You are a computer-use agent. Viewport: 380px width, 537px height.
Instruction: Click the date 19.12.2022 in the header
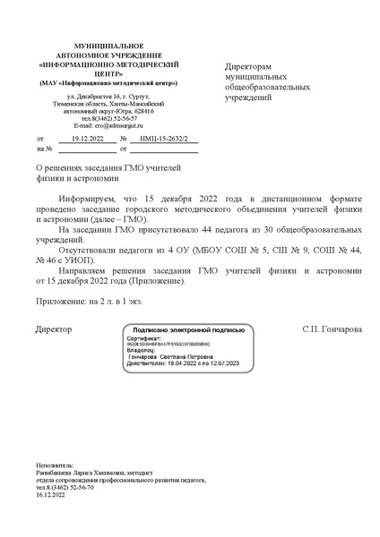pos(87,139)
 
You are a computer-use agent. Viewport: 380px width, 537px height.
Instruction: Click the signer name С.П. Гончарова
pos(332,329)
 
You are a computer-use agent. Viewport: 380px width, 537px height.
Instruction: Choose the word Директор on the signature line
pos(54,329)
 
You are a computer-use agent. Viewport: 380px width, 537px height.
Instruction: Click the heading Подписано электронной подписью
pos(189,331)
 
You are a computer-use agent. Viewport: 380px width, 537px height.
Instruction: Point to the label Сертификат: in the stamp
pos(142,340)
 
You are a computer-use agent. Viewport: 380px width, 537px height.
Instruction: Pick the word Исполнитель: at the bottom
pos(55,466)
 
